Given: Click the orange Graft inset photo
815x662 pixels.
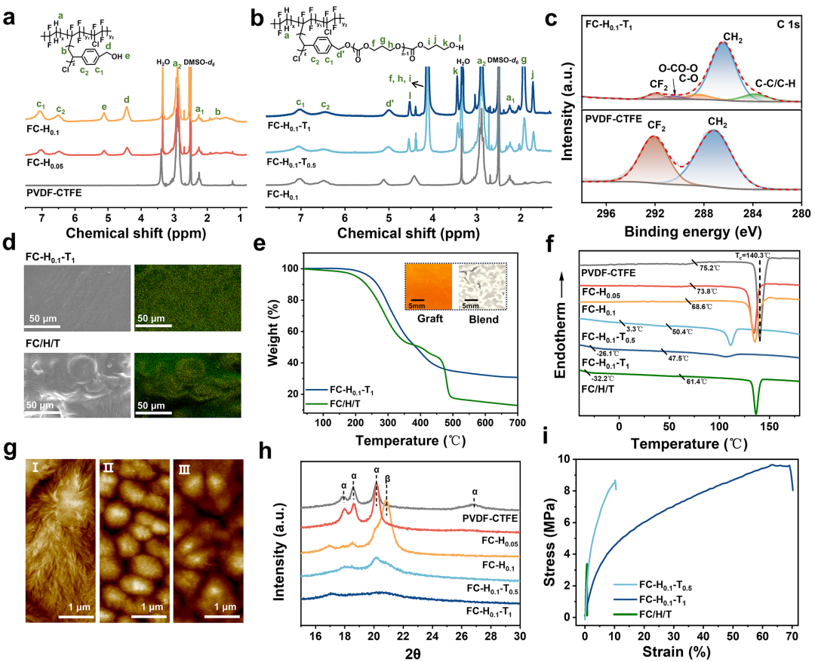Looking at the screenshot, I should (427, 286).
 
